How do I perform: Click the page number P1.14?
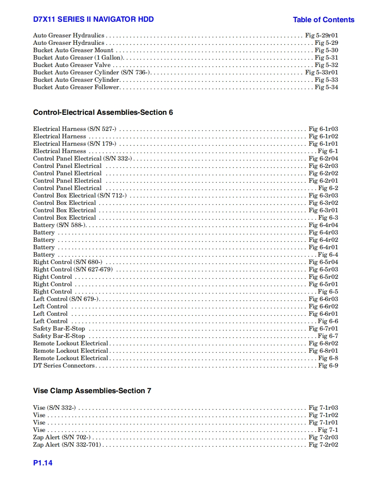coord(43,463)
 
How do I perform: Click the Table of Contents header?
coord(323,20)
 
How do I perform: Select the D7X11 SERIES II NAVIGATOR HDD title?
coord(93,19)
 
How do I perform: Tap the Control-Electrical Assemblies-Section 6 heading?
coord(103,112)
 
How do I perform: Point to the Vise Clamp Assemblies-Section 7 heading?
coord(92,391)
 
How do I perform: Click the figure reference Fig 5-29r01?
coord(321,35)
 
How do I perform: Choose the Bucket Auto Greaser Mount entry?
coord(73,50)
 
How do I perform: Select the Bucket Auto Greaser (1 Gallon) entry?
coord(78,57)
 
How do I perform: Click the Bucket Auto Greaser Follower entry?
coord(76,87)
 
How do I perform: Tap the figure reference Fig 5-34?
coord(326,87)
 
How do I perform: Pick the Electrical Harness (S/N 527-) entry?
coord(74,129)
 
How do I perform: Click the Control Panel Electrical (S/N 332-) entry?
coord(82,158)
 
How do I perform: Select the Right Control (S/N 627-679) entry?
coord(73,269)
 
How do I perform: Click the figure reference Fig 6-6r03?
coord(323,299)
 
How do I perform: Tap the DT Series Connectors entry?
coord(64,365)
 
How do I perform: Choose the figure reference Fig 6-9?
coord(328,365)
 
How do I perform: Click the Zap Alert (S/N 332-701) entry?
coord(67,445)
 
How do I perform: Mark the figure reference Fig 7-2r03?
coord(323,437)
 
